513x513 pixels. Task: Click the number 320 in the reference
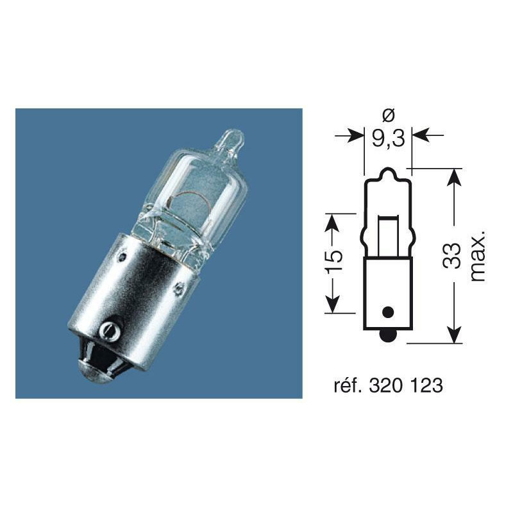coord(387,386)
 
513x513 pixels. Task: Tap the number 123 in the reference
coord(424,386)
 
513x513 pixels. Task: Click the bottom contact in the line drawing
coord(387,335)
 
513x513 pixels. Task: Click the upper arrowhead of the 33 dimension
coord(453,177)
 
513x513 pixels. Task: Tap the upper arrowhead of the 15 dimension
coord(332,221)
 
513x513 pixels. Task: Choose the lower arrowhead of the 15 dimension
coord(332,306)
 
